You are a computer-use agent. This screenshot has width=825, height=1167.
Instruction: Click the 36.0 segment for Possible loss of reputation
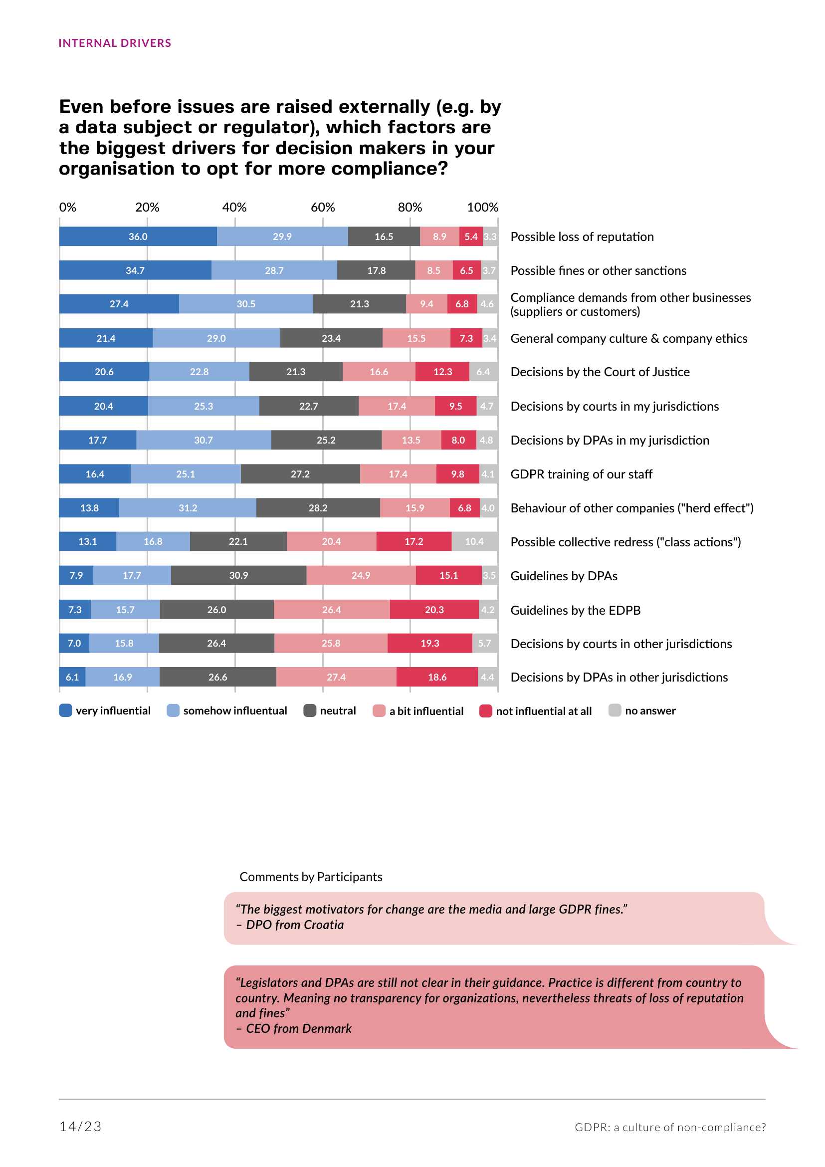pos(138,236)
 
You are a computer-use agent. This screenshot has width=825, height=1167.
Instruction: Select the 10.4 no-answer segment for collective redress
pos(474,541)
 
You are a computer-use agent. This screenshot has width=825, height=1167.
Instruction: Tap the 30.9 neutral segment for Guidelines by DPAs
pos(238,575)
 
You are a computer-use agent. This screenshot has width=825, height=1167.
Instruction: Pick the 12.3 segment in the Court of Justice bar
pos(442,372)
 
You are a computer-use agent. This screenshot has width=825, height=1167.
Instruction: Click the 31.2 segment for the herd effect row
pos(188,508)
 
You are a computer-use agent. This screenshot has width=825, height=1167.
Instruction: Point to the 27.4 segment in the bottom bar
pos(336,677)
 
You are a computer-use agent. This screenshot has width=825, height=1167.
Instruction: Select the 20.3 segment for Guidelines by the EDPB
pos(434,609)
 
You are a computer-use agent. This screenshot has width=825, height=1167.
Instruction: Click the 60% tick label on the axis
pos(323,208)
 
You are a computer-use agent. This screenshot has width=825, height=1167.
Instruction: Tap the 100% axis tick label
pos(482,208)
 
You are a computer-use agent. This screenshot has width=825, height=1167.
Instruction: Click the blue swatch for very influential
pos(65,710)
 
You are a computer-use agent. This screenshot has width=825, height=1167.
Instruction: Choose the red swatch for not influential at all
pos(486,710)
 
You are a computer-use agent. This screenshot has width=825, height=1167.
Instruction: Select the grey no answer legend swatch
pos(615,710)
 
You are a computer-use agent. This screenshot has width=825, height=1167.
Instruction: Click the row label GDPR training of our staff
pos(581,474)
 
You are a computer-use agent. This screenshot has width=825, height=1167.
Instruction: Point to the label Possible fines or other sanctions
pos(598,270)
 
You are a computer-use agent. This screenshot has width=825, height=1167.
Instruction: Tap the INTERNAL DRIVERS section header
pos(115,43)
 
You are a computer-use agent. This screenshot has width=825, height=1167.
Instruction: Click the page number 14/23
pos(80,1127)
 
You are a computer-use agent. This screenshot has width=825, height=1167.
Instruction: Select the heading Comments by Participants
pos(311,877)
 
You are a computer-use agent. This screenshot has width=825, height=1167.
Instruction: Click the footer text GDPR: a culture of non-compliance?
pos(670,1128)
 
